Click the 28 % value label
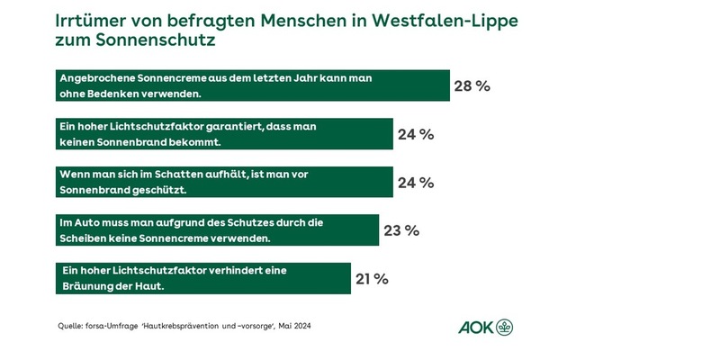click(472, 86)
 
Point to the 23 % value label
click(401, 230)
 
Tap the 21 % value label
click(370, 279)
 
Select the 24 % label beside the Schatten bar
click(416, 183)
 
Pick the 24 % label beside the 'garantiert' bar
click(416, 135)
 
